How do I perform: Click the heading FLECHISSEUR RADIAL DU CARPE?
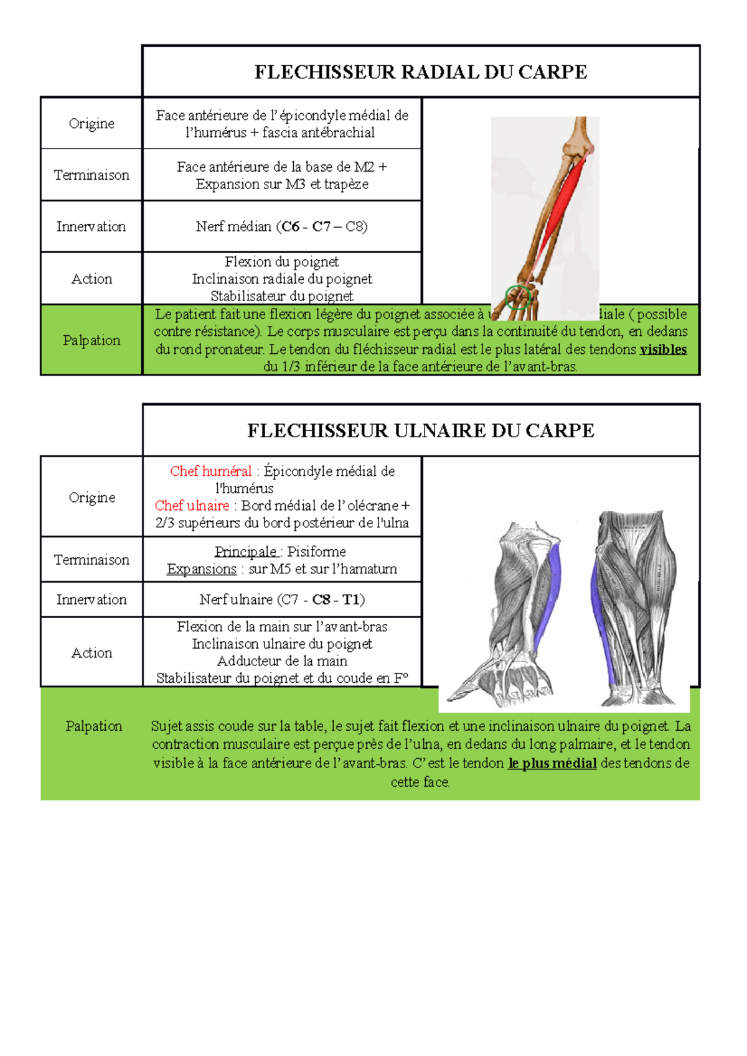pos(421,72)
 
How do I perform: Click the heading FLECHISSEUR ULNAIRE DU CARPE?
pos(421,430)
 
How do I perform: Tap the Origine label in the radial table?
pos(92,123)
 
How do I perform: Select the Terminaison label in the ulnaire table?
pos(92,560)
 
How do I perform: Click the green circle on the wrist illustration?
pos(517,297)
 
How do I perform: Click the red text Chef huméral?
pos(211,471)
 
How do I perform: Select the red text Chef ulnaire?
pos(192,506)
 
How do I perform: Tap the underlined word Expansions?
pos(202,569)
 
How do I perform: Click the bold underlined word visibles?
pos(663,350)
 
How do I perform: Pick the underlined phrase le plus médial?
pos(552,763)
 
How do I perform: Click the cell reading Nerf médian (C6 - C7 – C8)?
pos(282,226)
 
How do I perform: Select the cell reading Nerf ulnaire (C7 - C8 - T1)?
pos(282,600)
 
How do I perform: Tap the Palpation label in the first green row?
pos(92,340)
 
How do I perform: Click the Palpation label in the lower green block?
pos(94,726)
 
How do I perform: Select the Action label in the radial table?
pos(92,279)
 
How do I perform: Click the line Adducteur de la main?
pos(282,661)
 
